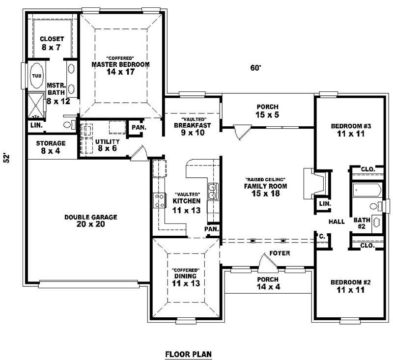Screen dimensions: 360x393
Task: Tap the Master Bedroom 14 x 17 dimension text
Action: [x=120, y=72]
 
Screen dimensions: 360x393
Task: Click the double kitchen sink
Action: [x=213, y=192]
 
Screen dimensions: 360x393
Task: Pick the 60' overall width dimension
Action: [x=254, y=68]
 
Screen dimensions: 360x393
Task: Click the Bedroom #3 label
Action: [x=350, y=126]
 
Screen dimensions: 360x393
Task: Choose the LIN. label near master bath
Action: [x=36, y=125]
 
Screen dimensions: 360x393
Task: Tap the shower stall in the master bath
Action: [x=36, y=106]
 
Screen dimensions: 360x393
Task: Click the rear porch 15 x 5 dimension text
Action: [x=267, y=114]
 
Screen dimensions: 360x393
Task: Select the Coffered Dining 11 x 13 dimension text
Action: [x=185, y=284]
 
